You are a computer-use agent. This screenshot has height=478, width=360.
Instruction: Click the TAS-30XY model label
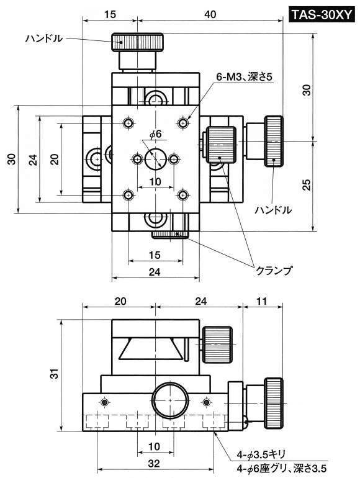(322, 14)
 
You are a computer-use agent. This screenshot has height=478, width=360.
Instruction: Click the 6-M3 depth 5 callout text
(244, 77)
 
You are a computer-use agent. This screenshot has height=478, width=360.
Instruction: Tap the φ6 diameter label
(155, 134)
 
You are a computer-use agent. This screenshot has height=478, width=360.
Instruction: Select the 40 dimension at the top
(210, 14)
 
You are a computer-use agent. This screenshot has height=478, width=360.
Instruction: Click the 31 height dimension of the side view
(54, 374)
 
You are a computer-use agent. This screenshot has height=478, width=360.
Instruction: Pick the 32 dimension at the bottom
(154, 464)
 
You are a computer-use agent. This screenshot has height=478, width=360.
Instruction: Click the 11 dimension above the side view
(262, 301)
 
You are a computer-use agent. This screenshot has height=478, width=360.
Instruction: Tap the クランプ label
(274, 270)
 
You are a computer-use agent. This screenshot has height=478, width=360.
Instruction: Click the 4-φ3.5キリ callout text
(261, 455)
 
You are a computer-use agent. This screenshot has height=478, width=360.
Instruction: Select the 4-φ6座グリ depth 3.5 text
(282, 468)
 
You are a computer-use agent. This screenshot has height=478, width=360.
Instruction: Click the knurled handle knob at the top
(137, 42)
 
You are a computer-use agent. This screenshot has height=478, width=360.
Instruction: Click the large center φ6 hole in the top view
(155, 159)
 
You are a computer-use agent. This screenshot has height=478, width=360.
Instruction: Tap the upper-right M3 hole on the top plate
(182, 123)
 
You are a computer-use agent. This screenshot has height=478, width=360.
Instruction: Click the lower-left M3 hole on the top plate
(128, 195)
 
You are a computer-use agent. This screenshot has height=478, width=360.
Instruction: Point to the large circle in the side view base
(169, 399)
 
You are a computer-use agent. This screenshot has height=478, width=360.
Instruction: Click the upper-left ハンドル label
(44, 38)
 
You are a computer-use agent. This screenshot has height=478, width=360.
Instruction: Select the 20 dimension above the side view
(120, 301)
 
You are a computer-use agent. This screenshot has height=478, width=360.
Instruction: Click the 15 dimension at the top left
(110, 14)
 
